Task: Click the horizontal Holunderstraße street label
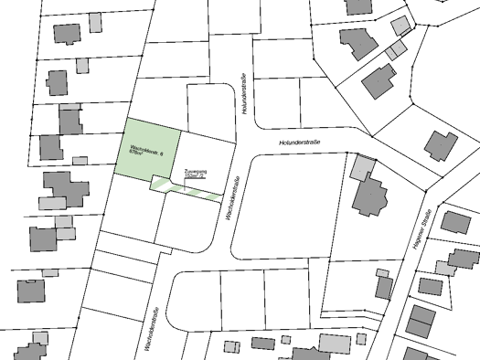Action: (303, 143)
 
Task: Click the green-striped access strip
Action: (187, 190)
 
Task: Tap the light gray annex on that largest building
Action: (362, 166)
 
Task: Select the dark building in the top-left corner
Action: (66, 34)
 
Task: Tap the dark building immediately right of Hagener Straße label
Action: (454, 222)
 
